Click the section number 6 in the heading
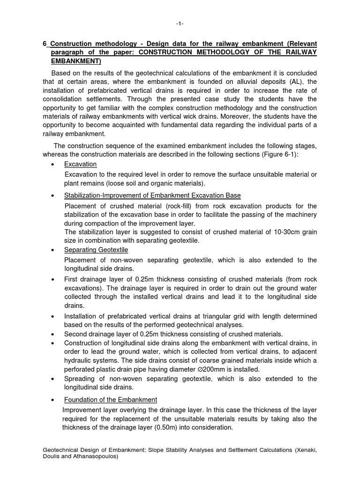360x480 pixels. (45, 44)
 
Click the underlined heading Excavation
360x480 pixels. (80, 164)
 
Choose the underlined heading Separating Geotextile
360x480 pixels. (96, 250)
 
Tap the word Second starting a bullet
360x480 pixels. (76, 334)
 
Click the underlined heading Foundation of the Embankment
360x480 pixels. (111, 399)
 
